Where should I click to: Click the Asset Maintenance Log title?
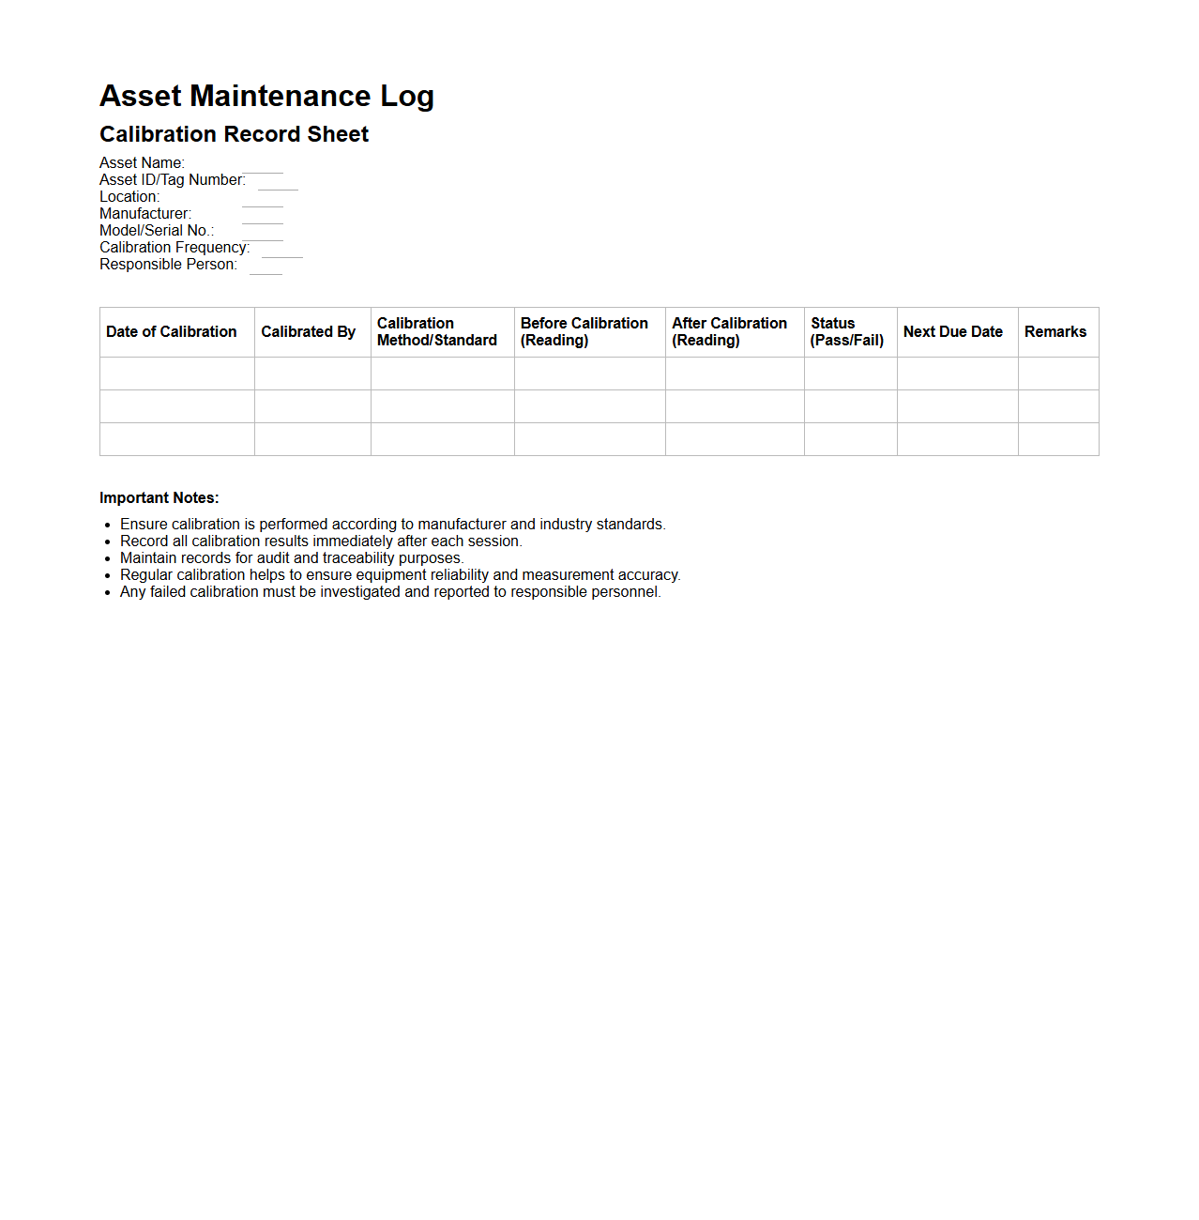click(x=266, y=96)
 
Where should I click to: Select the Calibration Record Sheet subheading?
click(x=234, y=134)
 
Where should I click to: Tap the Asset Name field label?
click(x=142, y=163)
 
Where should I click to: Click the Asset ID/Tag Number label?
click(x=172, y=180)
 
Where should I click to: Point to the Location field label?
click(x=129, y=197)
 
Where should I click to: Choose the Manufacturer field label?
click(x=145, y=214)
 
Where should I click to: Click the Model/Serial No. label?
click(x=157, y=231)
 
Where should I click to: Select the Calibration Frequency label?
click(x=175, y=248)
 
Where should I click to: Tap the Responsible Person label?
click(x=168, y=265)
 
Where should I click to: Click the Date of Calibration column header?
click(x=172, y=332)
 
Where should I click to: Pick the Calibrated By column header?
click(x=308, y=332)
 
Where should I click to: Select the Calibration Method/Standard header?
click(x=437, y=332)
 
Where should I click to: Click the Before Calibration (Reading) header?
click(x=584, y=332)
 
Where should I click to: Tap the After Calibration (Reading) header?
click(x=729, y=332)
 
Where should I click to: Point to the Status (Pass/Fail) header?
click(x=847, y=332)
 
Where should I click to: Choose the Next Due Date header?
click(x=953, y=332)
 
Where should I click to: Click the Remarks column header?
click(x=1055, y=332)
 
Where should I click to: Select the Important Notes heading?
click(x=159, y=498)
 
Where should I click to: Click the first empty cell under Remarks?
click(x=1058, y=374)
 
